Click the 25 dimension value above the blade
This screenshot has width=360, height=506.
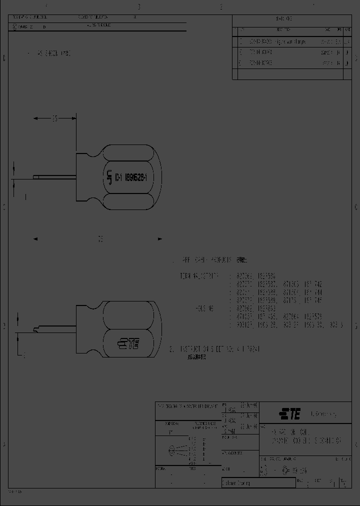pyautogui.click(x=54, y=118)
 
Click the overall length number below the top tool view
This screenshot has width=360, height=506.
pyautogui.click(x=100, y=239)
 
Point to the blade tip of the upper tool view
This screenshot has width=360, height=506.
pyautogui.click(x=34, y=176)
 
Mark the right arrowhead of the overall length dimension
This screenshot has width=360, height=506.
pyautogui.click(x=160, y=239)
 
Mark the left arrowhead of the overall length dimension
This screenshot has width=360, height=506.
pyautogui.click(x=35, y=239)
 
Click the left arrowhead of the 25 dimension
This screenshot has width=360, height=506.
pyautogui.click(x=35, y=118)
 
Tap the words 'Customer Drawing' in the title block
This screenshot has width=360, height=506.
pyautogui.click(x=237, y=483)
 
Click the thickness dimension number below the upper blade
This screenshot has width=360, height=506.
pyautogui.click(x=24, y=197)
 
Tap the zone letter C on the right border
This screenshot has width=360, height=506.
pyautogui.click(x=355, y=207)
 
